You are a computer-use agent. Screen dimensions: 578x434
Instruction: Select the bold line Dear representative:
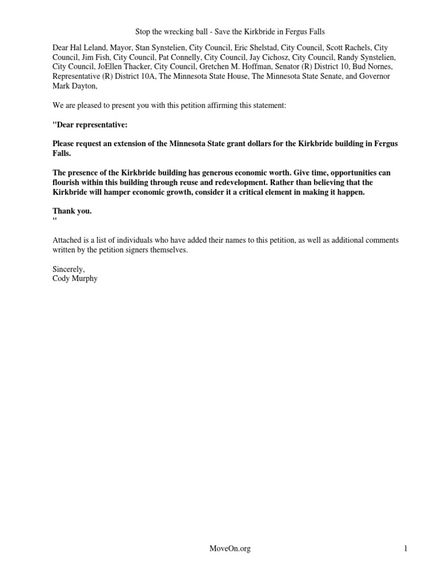tap(90, 124)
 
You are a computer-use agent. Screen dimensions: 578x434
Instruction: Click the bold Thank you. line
tap(72, 211)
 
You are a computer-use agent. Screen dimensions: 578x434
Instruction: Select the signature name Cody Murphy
tap(75, 278)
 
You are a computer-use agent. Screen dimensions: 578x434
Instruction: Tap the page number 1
tap(406, 548)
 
